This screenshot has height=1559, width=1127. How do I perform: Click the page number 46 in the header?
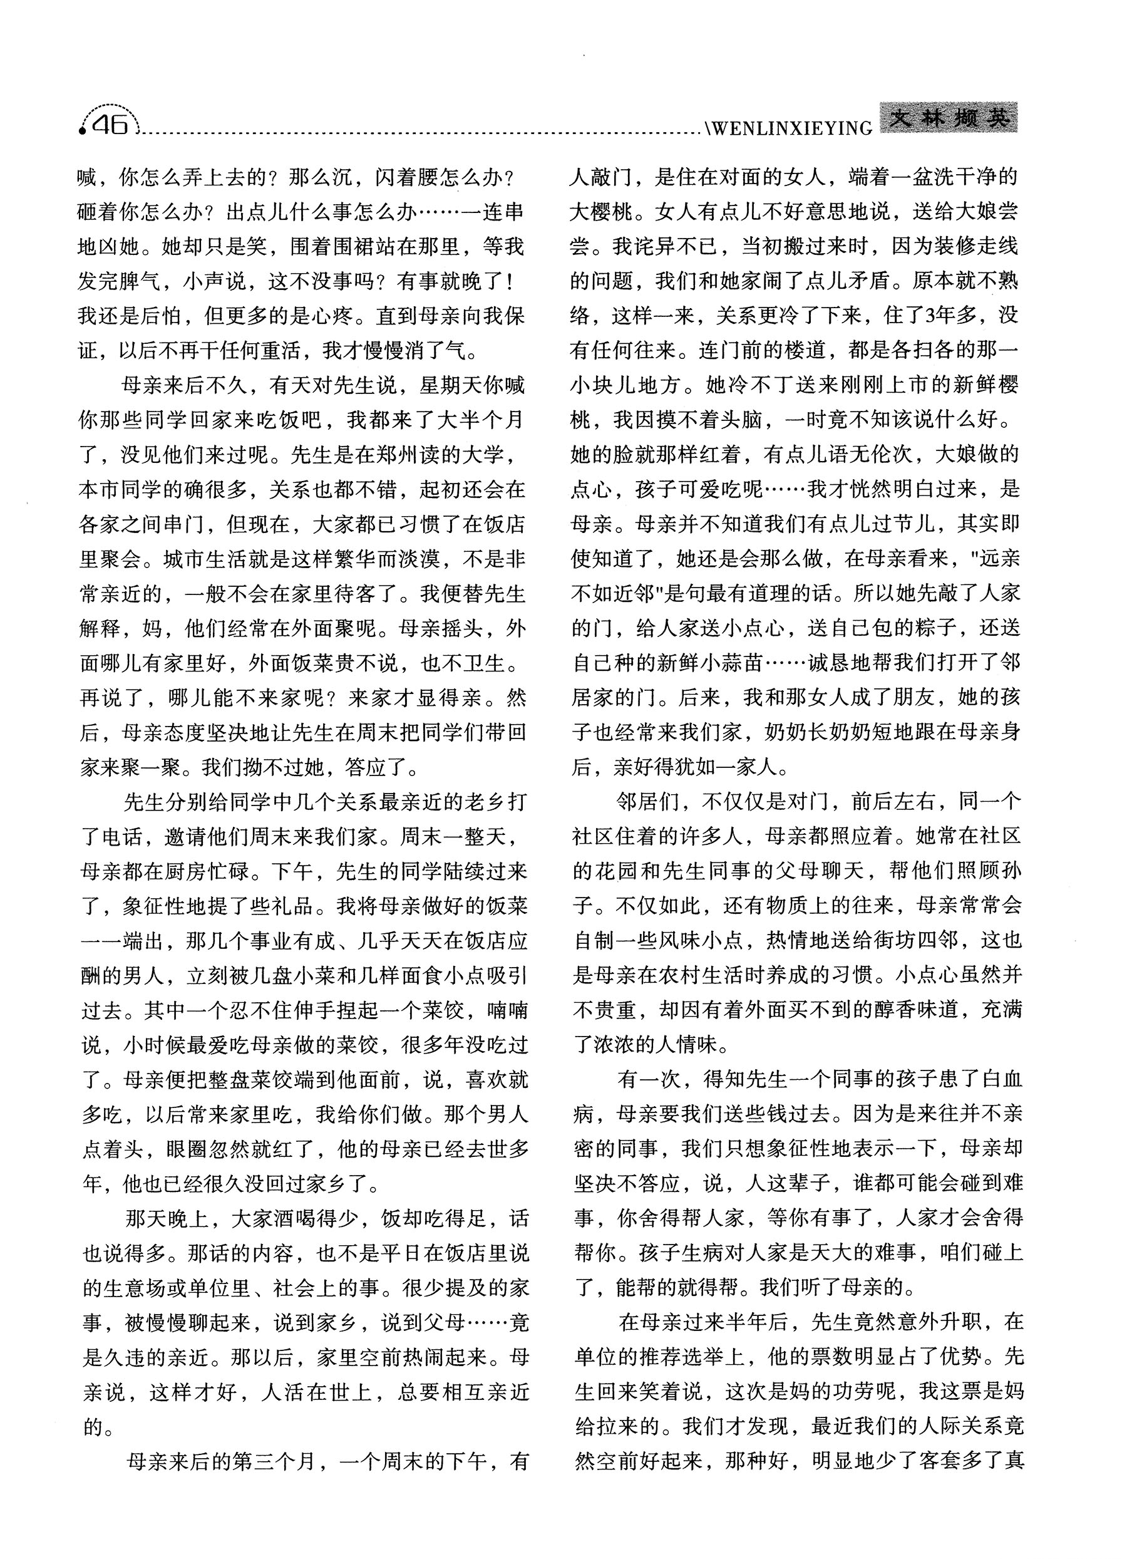[x=111, y=125]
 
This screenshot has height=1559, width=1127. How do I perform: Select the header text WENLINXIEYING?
[x=790, y=128]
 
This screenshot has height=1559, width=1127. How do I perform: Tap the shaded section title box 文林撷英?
[x=948, y=120]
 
